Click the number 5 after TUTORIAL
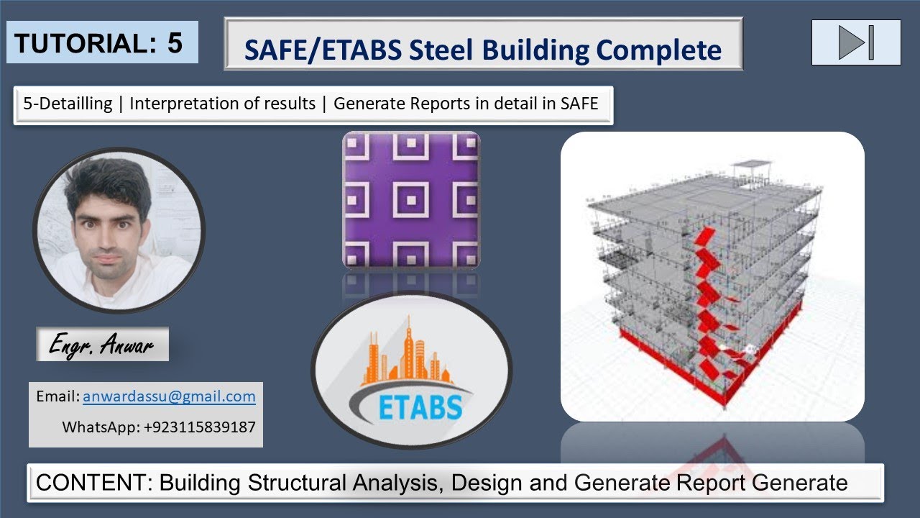(x=175, y=43)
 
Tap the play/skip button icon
(x=855, y=42)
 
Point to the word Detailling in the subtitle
(x=72, y=104)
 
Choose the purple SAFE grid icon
(x=411, y=199)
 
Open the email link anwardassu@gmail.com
(x=169, y=396)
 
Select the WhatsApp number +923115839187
(x=199, y=427)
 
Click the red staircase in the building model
(x=708, y=295)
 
